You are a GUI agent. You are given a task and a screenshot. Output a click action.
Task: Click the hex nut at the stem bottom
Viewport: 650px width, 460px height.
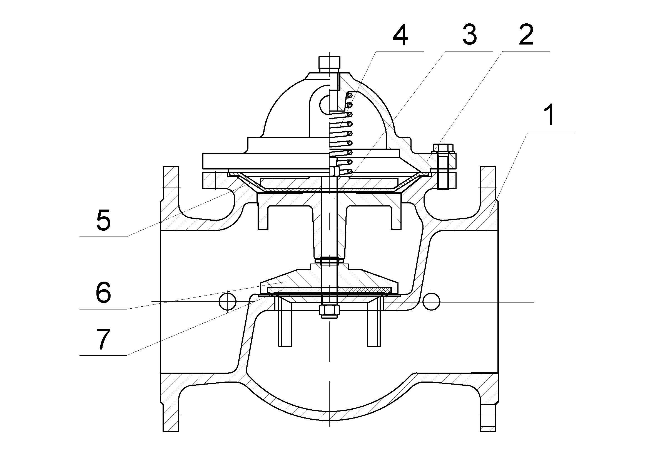point(329,311)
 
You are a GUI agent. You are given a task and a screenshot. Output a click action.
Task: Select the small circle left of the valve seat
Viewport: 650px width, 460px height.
point(228,302)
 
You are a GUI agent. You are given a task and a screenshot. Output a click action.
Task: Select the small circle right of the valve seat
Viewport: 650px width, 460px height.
point(432,302)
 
